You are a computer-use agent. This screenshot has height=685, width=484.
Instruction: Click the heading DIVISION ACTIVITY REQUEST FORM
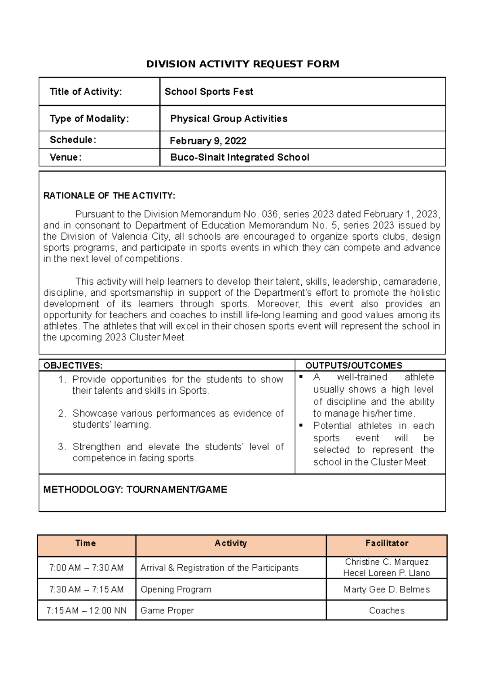242,64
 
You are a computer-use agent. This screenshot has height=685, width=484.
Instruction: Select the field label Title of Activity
86,92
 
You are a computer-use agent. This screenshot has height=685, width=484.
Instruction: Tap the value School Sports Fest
209,92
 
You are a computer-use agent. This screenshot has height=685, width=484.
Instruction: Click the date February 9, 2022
208,141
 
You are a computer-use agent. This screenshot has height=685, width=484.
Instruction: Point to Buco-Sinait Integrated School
240,157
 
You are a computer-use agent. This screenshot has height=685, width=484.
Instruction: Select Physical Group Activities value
229,119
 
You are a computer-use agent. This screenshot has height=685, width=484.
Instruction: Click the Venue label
65,157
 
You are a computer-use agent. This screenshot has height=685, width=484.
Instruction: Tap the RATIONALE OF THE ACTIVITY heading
109,196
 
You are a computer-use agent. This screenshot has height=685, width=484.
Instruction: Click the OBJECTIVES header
73,365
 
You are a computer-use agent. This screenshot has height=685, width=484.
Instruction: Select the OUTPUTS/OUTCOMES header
354,365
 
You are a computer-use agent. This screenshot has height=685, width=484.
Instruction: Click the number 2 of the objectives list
62,413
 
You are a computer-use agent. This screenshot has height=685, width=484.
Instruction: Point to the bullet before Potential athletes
301,426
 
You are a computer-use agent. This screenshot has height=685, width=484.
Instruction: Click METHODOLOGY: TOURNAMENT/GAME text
135,489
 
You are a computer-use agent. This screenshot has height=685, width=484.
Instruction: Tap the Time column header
86,543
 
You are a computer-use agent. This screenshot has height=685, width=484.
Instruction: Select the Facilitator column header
386,543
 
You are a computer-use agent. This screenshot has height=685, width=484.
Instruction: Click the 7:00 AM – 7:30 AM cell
86,568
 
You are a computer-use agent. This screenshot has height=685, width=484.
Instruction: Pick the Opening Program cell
176,589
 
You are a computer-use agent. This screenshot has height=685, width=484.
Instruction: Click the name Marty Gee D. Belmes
386,589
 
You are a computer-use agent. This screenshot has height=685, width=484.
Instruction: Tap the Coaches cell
386,610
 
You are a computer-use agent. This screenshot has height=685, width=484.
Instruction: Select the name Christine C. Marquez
386,562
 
